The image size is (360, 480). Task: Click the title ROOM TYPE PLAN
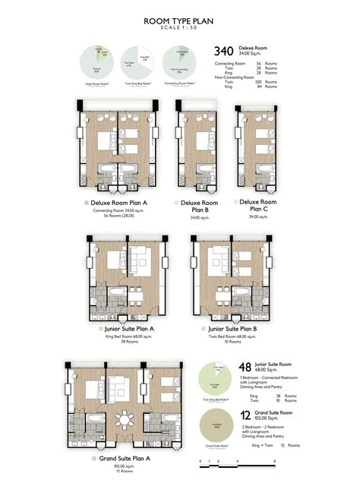pyautogui.click(x=180, y=21)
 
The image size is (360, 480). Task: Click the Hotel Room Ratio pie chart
pyautogui.click(x=99, y=62)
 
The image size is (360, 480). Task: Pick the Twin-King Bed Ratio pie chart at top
pyautogui.click(x=141, y=62)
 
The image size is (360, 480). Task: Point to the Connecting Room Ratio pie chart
pyautogui.click(x=182, y=62)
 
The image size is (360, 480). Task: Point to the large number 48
pyautogui.click(x=245, y=366)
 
